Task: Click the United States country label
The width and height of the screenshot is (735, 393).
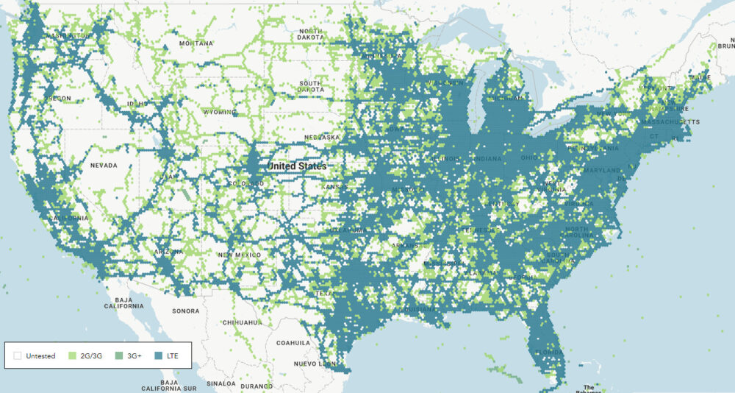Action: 297,166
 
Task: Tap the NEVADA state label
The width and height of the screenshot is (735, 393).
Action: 103,166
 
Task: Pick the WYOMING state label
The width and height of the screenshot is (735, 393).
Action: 220,113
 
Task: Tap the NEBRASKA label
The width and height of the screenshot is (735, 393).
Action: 322,137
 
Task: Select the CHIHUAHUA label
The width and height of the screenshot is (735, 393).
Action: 243,322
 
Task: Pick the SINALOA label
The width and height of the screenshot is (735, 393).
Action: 221,383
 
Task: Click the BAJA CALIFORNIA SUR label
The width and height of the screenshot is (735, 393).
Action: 170,386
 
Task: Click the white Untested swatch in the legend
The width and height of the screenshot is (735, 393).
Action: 17,356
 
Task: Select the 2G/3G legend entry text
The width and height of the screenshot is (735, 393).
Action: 90,356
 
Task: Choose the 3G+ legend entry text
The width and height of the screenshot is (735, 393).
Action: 134,356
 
